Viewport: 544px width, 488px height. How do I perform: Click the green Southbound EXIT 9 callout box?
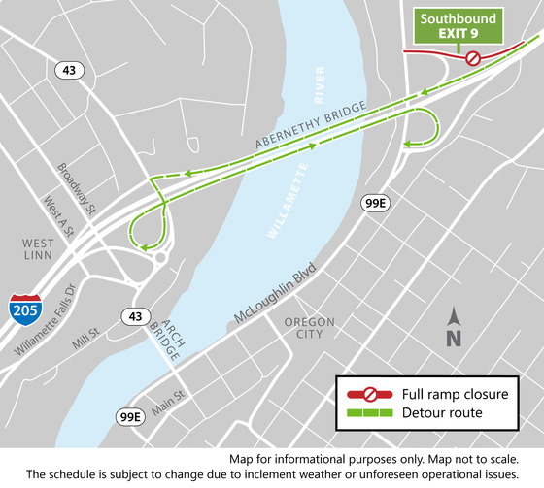click(x=458, y=26)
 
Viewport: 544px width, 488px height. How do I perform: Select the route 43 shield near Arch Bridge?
click(x=131, y=314)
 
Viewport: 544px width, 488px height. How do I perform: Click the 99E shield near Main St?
click(x=130, y=416)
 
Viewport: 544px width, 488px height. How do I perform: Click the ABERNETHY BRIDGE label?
click(x=311, y=126)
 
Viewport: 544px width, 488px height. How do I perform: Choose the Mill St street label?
click(x=85, y=338)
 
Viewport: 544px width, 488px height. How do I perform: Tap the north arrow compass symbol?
click(x=453, y=327)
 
